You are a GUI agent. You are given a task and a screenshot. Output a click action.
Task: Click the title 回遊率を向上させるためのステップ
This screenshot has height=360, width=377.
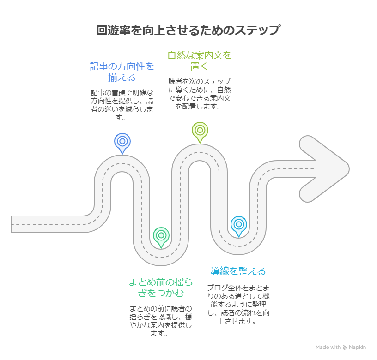pos(188,30)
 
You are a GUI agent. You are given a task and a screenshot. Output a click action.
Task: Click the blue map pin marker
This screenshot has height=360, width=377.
pos(122,141)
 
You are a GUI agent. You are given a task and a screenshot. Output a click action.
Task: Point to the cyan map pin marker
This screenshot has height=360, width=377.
pos(239,224)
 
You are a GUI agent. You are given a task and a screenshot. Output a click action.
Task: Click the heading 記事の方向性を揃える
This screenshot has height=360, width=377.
pos(122,72)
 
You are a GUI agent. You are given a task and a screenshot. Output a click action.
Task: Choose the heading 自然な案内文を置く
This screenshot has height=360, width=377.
pos(200,60)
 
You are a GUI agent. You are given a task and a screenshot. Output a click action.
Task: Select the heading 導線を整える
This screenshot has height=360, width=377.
pos(238,271)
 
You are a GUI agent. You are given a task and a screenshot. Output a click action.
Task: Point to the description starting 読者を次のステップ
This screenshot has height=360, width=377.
pos(200,94)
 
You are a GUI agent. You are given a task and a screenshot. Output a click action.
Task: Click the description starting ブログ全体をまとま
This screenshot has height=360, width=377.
pos(238,304)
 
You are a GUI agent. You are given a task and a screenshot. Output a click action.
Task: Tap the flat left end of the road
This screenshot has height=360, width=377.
pos(14,224)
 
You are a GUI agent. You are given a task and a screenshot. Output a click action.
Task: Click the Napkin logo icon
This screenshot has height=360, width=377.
pos(345,348)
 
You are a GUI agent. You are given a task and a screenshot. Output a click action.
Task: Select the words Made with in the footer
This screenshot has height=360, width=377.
pos(328,348)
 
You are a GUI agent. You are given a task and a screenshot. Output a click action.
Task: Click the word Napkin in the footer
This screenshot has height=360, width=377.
pos(358,348)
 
